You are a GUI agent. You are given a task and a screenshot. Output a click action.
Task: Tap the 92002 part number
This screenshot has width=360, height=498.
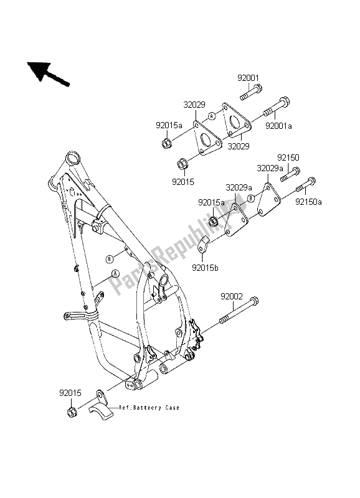pyautogui.click(x=230, y=298)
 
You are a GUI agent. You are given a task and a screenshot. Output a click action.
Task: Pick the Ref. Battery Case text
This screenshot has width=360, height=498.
pyautogui.click(x=153, y=408)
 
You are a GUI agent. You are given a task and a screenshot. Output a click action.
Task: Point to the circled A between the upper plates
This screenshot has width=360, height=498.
pyautogui.click(x=211, y=116)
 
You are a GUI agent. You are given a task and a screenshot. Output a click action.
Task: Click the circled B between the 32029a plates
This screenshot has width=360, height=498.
pyautogui.click(x=250, y=199)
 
